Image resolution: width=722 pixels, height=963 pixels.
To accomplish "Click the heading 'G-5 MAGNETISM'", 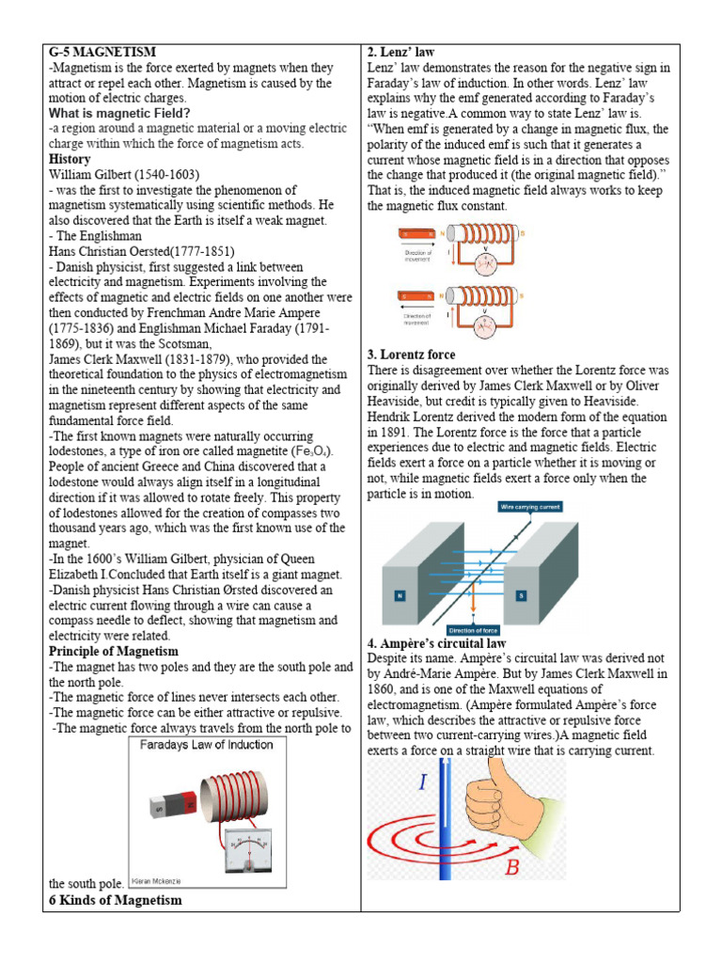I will (102, 51).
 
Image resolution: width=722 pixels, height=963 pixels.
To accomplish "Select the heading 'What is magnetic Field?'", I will (119, 113).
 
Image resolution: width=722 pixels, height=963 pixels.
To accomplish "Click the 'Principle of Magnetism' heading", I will (113, 651).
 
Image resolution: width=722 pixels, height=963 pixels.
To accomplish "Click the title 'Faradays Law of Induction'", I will (206, 744).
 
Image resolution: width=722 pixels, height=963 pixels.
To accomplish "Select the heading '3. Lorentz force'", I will (411, 355).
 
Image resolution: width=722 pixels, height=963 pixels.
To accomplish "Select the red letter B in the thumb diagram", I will (512, 868).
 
